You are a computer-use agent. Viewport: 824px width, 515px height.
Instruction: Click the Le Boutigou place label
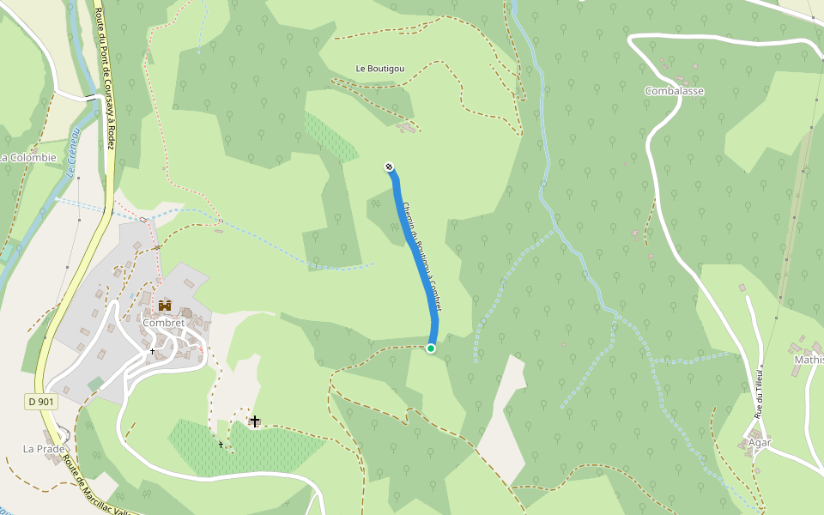[380, 69]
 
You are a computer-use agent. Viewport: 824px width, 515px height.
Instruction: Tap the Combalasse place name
[674, 91]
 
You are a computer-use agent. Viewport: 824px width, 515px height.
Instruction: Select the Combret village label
[163, 323]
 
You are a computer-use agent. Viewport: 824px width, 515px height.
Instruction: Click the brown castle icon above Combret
[164, 306]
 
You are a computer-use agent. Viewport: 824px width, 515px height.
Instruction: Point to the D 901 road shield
[39, 401]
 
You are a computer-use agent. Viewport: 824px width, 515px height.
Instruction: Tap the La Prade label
[39, 448]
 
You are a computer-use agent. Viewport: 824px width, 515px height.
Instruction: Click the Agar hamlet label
[760, 443]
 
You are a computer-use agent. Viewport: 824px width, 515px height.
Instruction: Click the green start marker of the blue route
[431, 348]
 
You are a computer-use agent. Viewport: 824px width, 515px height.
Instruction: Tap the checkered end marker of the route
[389, 167]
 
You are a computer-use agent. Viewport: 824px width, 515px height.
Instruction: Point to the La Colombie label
[27, 157]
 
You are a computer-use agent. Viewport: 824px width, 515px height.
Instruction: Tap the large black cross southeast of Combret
[254, 421]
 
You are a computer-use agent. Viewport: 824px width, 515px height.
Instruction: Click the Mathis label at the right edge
[809, 360]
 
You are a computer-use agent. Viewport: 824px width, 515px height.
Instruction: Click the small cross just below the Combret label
[153, 350]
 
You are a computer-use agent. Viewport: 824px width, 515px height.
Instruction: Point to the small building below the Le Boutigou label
[409, 128]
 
